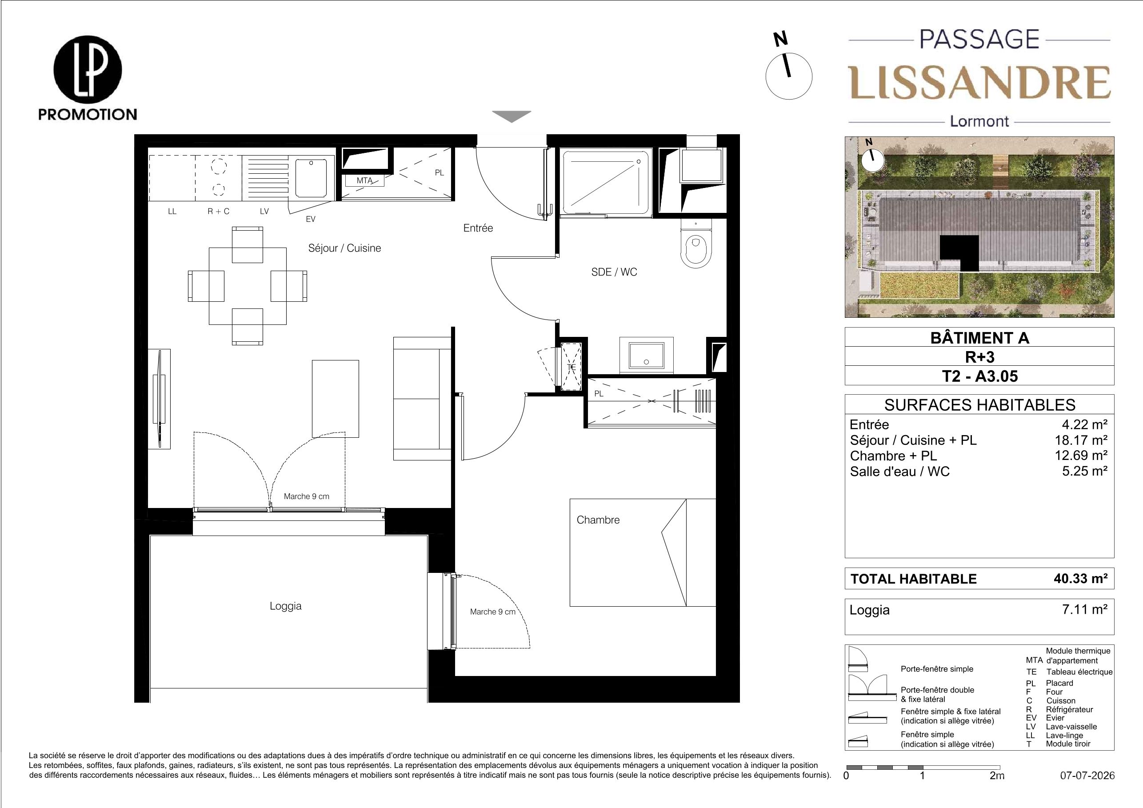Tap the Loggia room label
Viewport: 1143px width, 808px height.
[x=285, y=606]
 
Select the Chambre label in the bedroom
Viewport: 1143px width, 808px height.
[x=598, y=520]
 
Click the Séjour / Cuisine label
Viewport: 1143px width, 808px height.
[x=344, y=248]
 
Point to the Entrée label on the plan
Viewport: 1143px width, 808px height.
[x=478, y=228]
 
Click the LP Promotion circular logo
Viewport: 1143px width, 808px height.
[x=88, y=69]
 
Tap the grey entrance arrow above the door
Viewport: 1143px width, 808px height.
[x=512, y=116]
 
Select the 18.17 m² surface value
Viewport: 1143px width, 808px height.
[x=1078, y=440]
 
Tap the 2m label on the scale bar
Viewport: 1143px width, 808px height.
[x=997, y=776]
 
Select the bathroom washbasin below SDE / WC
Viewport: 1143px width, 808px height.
[x=646, y=355]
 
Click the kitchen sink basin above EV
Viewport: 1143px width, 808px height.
[x=311, y=178]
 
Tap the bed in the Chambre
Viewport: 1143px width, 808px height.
[x=643, y=552]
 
